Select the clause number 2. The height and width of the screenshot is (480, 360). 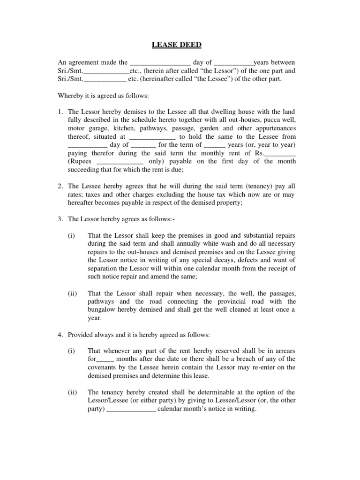pyautogui.click(x=60, y=187)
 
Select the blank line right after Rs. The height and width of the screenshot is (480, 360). pyautogui.click(x=280, y=153)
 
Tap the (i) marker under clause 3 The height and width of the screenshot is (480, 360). pyautogui.click(x=71, y=235)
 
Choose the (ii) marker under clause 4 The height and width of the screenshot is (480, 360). pyautogui.click(x=72, y=392)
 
